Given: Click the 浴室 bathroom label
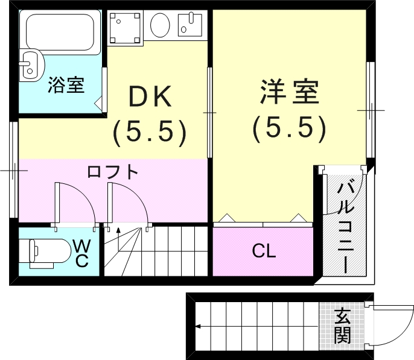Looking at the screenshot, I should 66,86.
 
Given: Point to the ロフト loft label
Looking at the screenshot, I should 113,172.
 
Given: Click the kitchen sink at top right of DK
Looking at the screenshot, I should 193,25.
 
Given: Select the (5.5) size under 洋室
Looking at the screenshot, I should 289,127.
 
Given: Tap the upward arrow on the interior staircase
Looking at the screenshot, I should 118,232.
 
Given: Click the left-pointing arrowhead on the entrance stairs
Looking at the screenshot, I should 198,327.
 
